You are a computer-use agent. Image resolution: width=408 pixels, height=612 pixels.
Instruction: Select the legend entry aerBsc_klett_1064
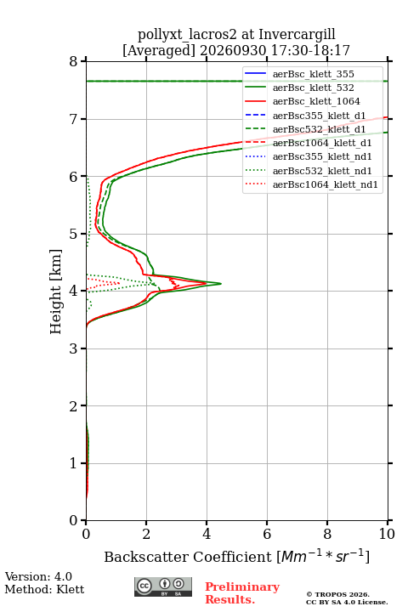(x=303, y=101)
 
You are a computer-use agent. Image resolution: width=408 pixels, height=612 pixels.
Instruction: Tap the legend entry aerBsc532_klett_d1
(x=305, y=129)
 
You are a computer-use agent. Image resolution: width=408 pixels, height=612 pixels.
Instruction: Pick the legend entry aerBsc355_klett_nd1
(x=308, y=156)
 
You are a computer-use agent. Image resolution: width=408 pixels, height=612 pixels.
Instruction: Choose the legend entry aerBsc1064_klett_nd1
(x=311, y=184)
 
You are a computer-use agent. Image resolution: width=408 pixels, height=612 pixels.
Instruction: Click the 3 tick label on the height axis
(x=74, y=348)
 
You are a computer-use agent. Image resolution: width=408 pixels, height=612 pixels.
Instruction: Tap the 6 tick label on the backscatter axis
(x=267, y=534)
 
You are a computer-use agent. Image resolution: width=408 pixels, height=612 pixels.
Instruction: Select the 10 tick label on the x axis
(x=387, y=534)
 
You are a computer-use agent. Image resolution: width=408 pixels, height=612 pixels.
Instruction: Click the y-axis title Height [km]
(x=56, y=292)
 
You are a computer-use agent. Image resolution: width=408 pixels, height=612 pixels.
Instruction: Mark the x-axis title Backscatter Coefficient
(x=188, y=557)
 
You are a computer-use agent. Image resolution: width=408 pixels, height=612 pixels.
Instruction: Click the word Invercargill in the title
(x=297, y=35)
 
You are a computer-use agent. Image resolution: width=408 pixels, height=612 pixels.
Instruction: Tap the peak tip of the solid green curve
(x=221, y=283)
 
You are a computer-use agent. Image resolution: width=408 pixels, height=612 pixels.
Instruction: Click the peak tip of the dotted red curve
(x=120, y=282)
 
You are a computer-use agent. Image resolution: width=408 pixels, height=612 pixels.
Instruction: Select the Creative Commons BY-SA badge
(x=163, y=586)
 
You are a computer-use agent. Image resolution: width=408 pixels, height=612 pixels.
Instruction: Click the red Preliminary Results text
(x=242, y=593)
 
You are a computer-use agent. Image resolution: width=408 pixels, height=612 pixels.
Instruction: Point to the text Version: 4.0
(x=38, y=576)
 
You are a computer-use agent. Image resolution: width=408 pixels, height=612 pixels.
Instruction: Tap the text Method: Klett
(x=44, y=589)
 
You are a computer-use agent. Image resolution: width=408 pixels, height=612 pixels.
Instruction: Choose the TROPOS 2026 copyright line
(x=338, y=594)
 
